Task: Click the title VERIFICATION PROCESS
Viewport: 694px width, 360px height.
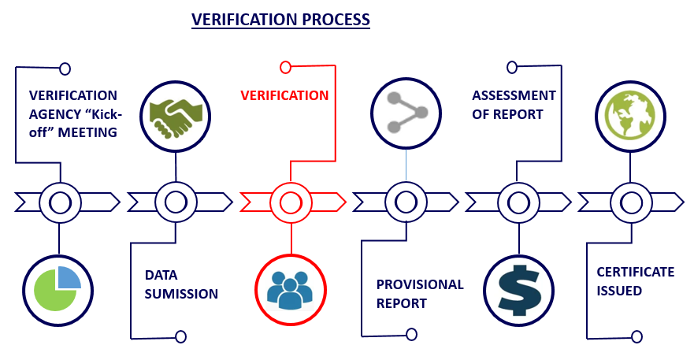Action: coord(281,20)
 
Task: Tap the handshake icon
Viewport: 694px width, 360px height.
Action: coord(175,115)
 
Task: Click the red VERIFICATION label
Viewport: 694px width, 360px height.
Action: coord(284,95)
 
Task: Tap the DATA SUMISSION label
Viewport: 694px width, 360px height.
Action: coord(180,284)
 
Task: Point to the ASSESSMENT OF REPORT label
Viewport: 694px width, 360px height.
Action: coord(514,105)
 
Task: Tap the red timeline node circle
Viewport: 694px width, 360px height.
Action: coord(290,202)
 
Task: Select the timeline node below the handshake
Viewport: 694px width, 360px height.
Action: coord(175,202)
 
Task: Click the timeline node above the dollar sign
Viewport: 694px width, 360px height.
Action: coord(518,202)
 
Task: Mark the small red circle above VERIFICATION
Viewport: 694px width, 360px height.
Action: coord(285,67)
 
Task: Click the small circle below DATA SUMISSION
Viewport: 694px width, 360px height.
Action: coord(180,337)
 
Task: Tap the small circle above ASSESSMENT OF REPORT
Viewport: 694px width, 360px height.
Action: coord(512,67)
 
